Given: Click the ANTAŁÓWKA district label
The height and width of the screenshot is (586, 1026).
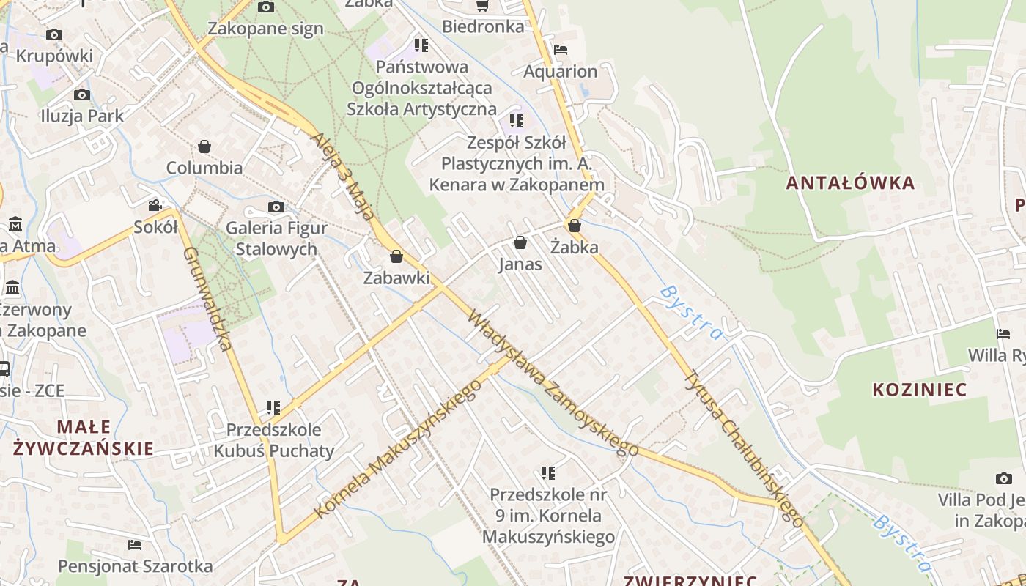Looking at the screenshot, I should pos(850,182).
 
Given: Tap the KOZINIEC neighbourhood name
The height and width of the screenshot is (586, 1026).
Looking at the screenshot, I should pos(920,389).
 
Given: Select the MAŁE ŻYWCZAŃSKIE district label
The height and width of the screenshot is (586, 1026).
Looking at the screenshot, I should pos(84,437).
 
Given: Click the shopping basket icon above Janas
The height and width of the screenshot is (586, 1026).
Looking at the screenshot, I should pos(520,242).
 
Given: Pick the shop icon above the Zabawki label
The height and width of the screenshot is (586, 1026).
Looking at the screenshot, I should pos(396,256).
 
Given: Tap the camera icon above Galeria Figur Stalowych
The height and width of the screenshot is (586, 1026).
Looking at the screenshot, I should pos(276,207).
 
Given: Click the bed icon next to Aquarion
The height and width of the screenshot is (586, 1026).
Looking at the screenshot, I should pos(561,50).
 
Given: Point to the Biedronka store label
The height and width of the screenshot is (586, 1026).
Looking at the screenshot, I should pos(483,27).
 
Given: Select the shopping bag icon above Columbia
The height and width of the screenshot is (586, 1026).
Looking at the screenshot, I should pos(204,146).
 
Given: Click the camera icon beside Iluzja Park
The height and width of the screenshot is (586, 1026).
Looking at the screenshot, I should pos(82,94).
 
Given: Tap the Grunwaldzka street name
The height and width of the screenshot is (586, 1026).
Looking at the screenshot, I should pos(207,298).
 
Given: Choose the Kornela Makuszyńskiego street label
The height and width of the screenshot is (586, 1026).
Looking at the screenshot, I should pos(396,449).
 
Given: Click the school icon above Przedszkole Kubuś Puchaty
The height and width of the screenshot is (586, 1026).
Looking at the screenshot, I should pos(273,407).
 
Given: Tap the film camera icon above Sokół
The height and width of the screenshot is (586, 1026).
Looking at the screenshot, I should pos(155,206).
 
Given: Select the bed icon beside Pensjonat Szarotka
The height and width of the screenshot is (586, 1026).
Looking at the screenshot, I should pos(135,545).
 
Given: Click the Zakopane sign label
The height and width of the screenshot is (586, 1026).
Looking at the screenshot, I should pos(265,29).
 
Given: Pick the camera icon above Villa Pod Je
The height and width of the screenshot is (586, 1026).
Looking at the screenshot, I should pos(1003,479).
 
